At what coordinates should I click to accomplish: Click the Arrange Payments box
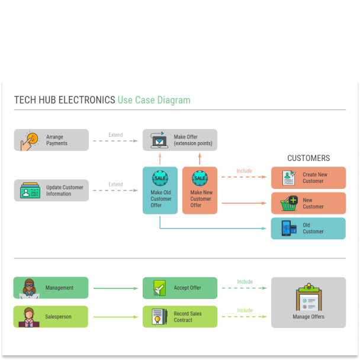(x=52, y=140)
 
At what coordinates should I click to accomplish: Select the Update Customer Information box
(x=52, y=191)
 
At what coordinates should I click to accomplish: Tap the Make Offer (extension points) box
(x=180, y=140)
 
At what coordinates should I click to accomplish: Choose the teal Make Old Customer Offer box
(x=160, y=191)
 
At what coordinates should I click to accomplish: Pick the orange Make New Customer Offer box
(x=200, y=191)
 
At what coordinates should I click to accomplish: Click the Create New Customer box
(x=308, y=178)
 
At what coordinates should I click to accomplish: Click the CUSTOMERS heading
(x=308, y=158)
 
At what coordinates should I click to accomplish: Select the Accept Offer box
(x=180, y=288)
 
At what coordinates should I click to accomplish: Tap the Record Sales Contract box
(x=180, y=317)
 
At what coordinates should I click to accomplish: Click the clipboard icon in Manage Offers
(x=308, y=298)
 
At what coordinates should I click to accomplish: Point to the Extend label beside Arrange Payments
(x=115, y=135)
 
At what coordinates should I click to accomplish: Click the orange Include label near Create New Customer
(x=244, y=171)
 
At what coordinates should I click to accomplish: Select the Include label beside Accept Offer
(x=245, y=282)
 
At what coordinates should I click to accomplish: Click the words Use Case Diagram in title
(x=154, y=100)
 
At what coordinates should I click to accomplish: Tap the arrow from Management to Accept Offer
(x=115, y=288)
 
